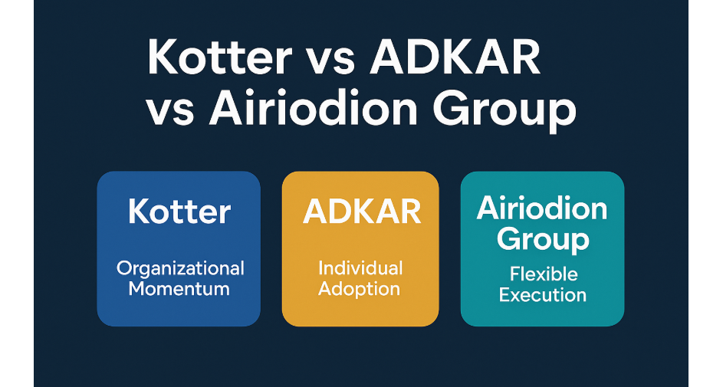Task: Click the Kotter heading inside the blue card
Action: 179,212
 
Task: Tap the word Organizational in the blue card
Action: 179,268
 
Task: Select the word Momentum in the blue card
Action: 179,289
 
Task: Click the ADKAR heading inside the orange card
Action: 361,212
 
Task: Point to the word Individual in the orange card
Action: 360,268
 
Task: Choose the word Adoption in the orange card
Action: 360,290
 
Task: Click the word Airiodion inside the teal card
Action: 542,208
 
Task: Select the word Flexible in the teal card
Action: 542,274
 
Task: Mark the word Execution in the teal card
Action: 542,294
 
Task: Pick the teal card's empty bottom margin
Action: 542,316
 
